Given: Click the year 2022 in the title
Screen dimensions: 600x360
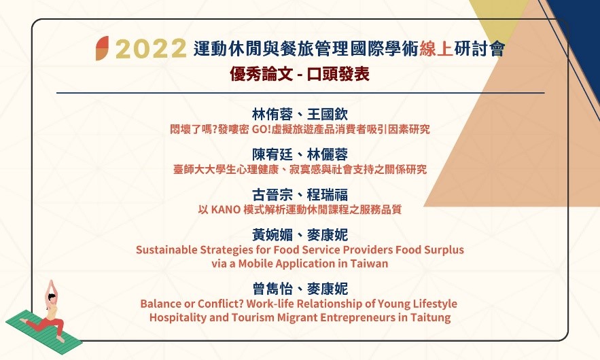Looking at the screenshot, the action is tap(151, 49).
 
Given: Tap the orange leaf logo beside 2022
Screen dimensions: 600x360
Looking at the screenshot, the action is tap(102, 48).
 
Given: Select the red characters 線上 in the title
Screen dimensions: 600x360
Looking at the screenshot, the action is tap(436, 49).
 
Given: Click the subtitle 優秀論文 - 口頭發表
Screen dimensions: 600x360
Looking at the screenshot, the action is tap(300, 74).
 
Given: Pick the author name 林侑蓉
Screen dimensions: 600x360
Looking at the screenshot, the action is tap(272, 114).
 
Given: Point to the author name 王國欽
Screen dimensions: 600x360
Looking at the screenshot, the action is tap(328, 114).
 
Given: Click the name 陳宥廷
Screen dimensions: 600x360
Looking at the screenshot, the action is tap(272, 155).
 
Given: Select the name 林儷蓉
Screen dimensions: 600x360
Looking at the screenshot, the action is tap(328, 155).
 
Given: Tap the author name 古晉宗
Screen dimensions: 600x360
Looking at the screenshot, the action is tap(272, 195).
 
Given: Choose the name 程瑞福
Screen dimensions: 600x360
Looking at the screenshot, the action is tap(328, 195).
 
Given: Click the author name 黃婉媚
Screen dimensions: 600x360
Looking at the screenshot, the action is tap(272, 235).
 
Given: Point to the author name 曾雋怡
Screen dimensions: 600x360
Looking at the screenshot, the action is tap(272, 289).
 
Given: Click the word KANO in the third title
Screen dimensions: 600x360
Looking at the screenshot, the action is tap(226, 210).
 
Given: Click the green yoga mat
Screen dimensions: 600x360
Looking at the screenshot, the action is tap(43, 331).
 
